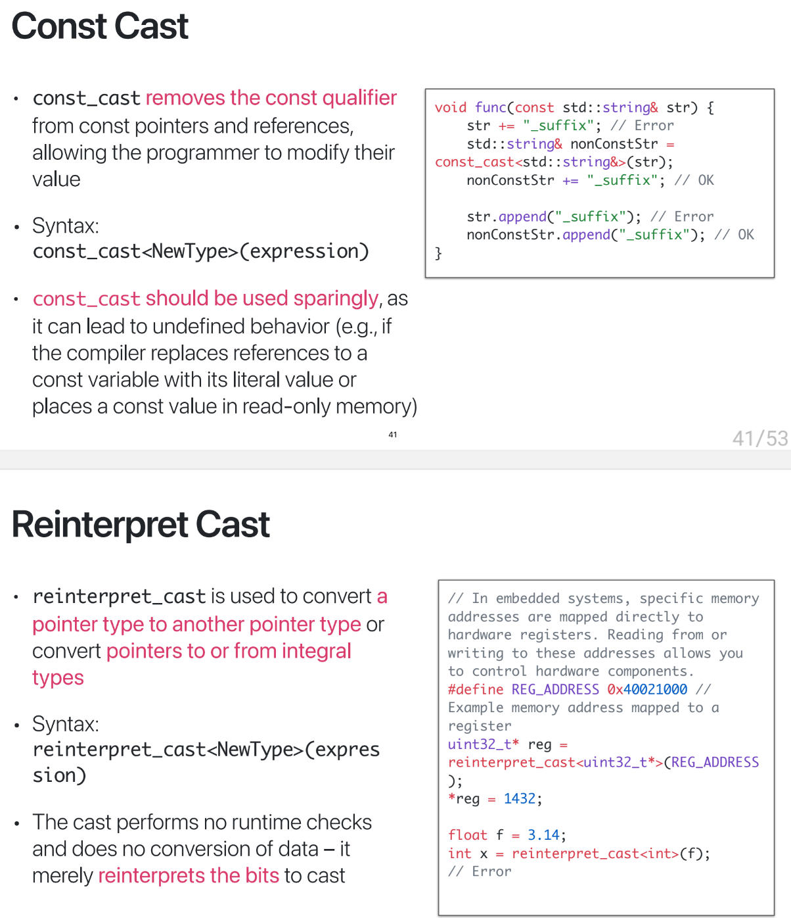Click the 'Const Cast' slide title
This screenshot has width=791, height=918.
coord(100,27)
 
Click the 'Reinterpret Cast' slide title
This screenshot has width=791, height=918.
coord(141,525)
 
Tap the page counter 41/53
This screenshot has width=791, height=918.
coord(759,438)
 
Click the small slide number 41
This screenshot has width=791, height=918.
coord(392,435)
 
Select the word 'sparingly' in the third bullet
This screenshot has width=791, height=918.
coord(336,299)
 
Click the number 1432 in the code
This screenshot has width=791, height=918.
coord(520,799)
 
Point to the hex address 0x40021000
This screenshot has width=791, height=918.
coord(647,689)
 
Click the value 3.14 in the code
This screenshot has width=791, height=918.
coord(543,835)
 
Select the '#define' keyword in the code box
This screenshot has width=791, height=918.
coord(475,689)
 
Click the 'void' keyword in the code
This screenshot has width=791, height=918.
coord(451,108)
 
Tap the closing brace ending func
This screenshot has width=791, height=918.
coord(438,253)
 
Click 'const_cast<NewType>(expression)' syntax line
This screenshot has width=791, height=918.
coord(200,251)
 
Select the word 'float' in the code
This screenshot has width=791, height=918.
coord(467,835)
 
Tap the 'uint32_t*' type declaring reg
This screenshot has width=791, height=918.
coord(483,744)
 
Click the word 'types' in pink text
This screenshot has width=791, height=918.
coord(58,678)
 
